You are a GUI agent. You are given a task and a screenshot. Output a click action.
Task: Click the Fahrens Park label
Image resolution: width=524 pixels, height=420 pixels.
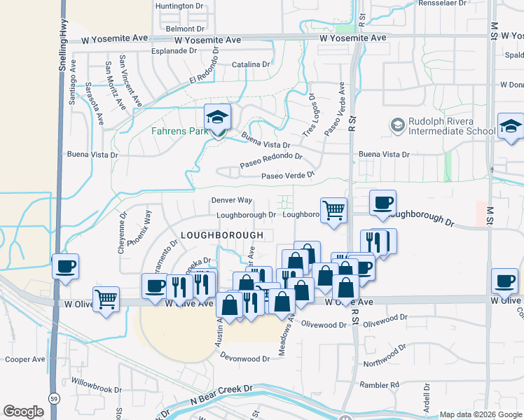pyautogui.click(x=176, y=131)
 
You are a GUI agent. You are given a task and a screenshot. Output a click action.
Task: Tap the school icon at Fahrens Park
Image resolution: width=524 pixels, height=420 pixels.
pyautogui.click(x=217, y=118)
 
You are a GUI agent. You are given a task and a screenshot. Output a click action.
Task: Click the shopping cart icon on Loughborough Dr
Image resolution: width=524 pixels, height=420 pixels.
pyautogui.click(x=334, y=209)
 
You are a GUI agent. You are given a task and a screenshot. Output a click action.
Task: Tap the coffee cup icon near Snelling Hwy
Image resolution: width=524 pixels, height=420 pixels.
pyautogui.click(x=65, y=267)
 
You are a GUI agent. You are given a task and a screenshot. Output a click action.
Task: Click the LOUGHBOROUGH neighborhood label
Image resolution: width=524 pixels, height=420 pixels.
pyautogui.click(x=222, y=234)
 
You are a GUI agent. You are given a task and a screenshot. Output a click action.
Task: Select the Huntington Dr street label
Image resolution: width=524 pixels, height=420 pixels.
pyautogui.click(x=184, y=6)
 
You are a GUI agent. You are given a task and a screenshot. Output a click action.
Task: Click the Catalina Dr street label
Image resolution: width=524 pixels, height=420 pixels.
pyautogui.click(x=251, y=64)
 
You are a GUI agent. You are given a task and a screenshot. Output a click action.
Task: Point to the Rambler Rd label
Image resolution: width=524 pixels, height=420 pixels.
pyautogui.click(x=379, y=384)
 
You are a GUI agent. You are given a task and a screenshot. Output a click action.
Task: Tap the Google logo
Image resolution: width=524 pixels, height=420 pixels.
pyautogui.click(x=23, y=412)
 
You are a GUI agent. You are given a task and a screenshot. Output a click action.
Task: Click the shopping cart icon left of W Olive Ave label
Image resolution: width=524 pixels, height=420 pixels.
pyautogui.click(x=106, y=300)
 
